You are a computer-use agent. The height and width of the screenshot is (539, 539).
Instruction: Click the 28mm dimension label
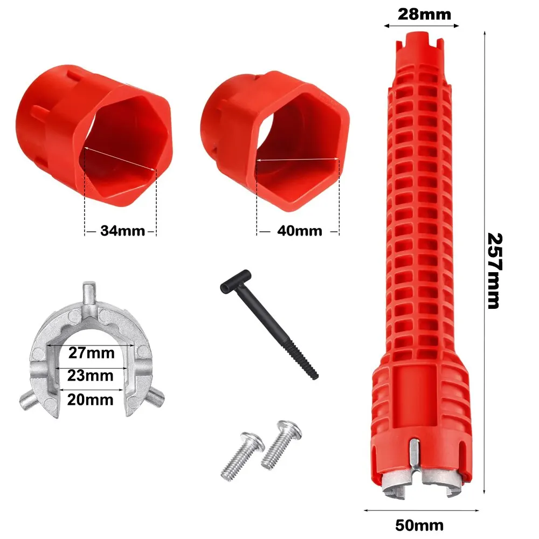(424, 13)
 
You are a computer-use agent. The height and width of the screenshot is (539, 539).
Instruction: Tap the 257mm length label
(494, 271)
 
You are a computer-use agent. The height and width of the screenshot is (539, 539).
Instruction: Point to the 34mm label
(122, 231)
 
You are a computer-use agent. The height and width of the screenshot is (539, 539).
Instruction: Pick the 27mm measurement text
(92, 353)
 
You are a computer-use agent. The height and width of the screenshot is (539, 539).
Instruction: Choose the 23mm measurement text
(92, 375)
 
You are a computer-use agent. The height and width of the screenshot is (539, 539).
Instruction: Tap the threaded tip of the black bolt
(311, 370)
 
